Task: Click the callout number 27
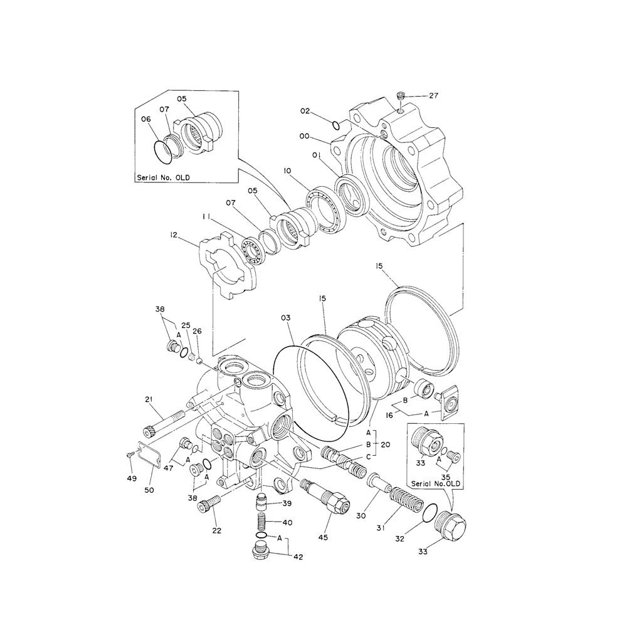(x=434, y=96)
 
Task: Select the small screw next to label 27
(x=401, y=97)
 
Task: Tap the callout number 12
(x=174, y=235)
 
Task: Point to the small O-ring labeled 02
(x=336, y=124)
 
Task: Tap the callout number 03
(x=285, y=319)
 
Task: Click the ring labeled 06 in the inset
(x=162, y=150)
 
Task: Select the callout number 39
(x=287, y=504)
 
